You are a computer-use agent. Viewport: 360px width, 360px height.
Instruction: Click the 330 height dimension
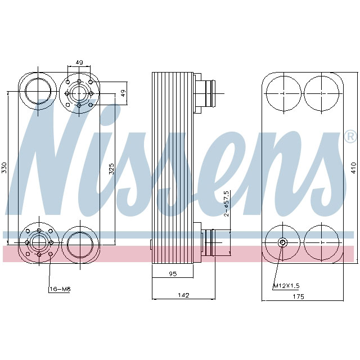pyautogui.click(x=4, y=167)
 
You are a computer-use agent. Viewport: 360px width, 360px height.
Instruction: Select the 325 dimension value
pyautogui.click(x=111, y=168)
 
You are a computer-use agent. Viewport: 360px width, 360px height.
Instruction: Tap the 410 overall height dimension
pyautogui.click(x=353, y=167)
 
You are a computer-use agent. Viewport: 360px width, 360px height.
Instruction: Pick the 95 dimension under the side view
pyautogui.click(x=173, y=274)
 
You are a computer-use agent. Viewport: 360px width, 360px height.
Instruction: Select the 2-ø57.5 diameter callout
pyautogui.click(x=227, y=203)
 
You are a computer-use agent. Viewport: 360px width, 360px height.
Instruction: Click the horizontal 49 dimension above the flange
pyautogui.click(x=79, y=63)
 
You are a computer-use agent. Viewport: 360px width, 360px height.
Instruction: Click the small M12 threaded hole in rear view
pyautogui.click(x=282, y=242)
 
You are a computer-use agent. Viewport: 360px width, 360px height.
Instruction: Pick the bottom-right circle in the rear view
pyautogui.click(x=322, y=243)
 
